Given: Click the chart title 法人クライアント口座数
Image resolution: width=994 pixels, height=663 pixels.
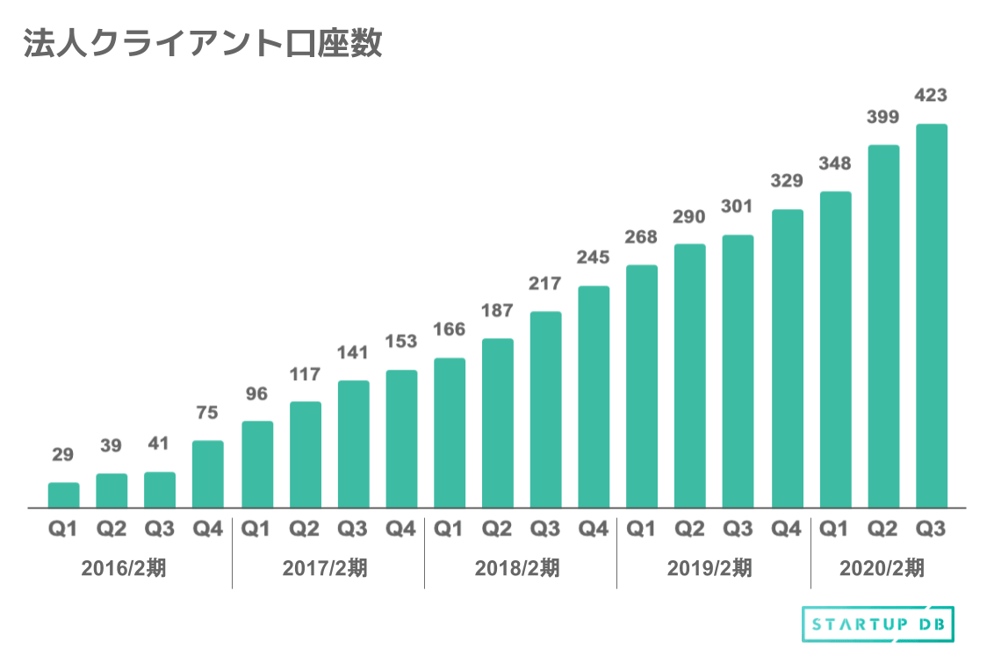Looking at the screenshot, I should pyautogui.click(x=203, y=45).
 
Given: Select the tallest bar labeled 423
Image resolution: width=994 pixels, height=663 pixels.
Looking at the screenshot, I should pyautogui.click(x=931, y=316).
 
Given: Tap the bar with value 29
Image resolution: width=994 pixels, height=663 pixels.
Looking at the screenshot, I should pyautogui.click(x=63, y=495).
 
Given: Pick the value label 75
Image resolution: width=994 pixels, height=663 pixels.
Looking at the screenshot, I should pyautogui.click(x=208, y=413).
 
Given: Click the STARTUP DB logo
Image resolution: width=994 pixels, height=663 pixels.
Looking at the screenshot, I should pyautogui.click(x=878, y=624).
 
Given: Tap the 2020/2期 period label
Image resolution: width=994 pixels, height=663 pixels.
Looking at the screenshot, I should pyautogui.click(x=882, y=568).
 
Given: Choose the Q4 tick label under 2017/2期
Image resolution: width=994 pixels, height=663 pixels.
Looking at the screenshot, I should pyautogui.click(x=400, y=529).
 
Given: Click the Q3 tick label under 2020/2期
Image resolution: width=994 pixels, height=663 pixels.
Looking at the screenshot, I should pyautogui.click(x=931, y=529).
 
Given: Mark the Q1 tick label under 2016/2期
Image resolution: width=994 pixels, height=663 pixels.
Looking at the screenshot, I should pyautogui.click(x=63, y=529).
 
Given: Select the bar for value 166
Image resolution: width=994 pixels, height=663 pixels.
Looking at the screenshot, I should pyautogui.click(x=450, y=433).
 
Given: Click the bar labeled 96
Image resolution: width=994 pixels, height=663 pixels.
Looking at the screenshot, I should pyautogui.click(x=256, y=465).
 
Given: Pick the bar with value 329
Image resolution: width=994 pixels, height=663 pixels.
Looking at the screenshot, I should pyautogui.click(x=787, y=358).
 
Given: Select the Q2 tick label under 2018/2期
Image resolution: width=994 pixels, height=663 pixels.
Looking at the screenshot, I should pyautogui.click(x=497, y=529).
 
